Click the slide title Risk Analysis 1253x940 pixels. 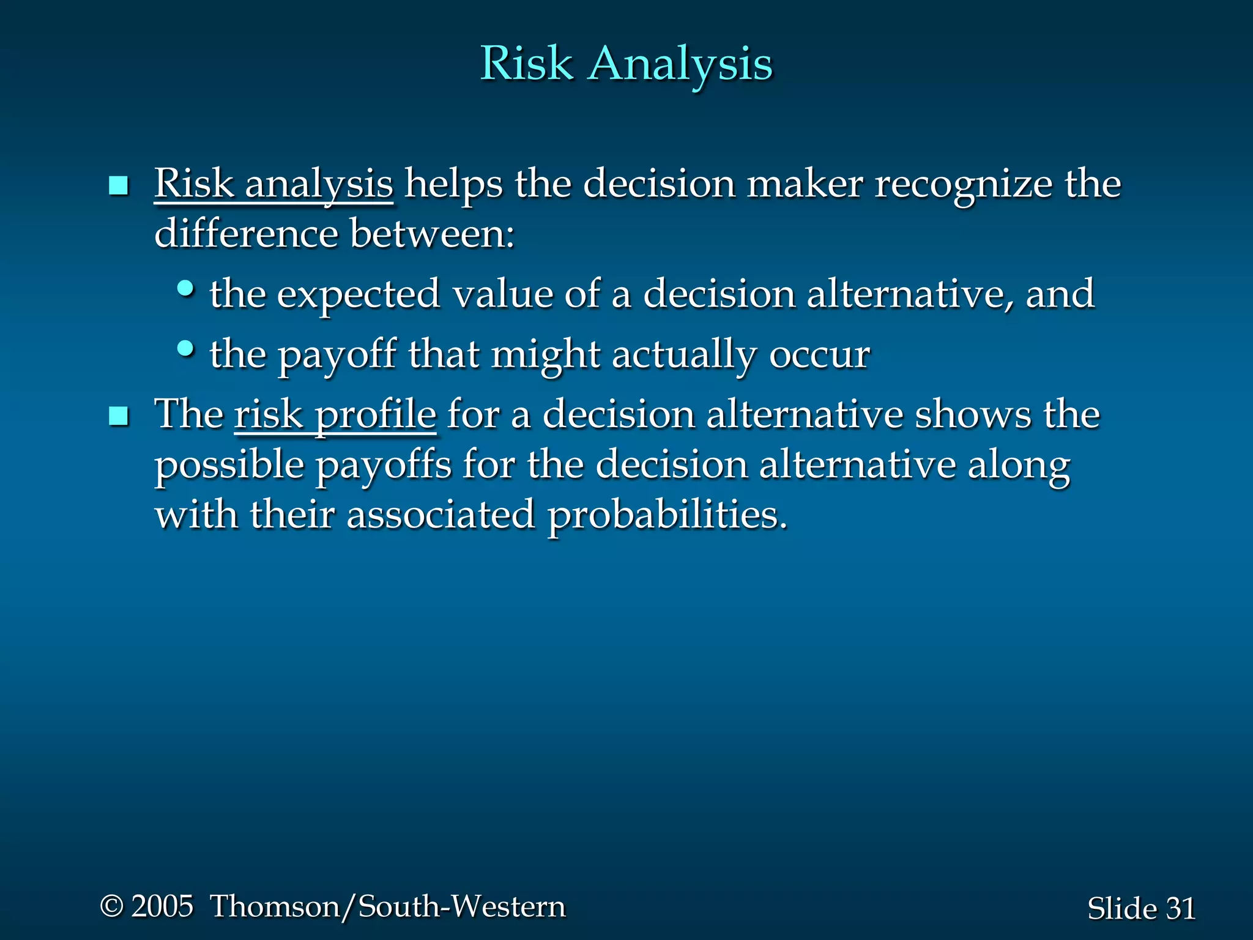626,64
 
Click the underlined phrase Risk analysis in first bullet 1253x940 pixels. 273,184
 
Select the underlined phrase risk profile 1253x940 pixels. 335,415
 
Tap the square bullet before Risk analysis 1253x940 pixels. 118,185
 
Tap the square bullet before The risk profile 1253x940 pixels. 118,417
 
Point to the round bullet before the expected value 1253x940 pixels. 185,288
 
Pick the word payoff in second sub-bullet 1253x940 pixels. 337,356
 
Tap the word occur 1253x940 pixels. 819,356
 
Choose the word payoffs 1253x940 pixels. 383,465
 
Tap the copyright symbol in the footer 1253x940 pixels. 111,906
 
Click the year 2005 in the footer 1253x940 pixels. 162,906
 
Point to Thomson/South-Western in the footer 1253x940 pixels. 388,906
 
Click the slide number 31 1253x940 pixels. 1181,908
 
